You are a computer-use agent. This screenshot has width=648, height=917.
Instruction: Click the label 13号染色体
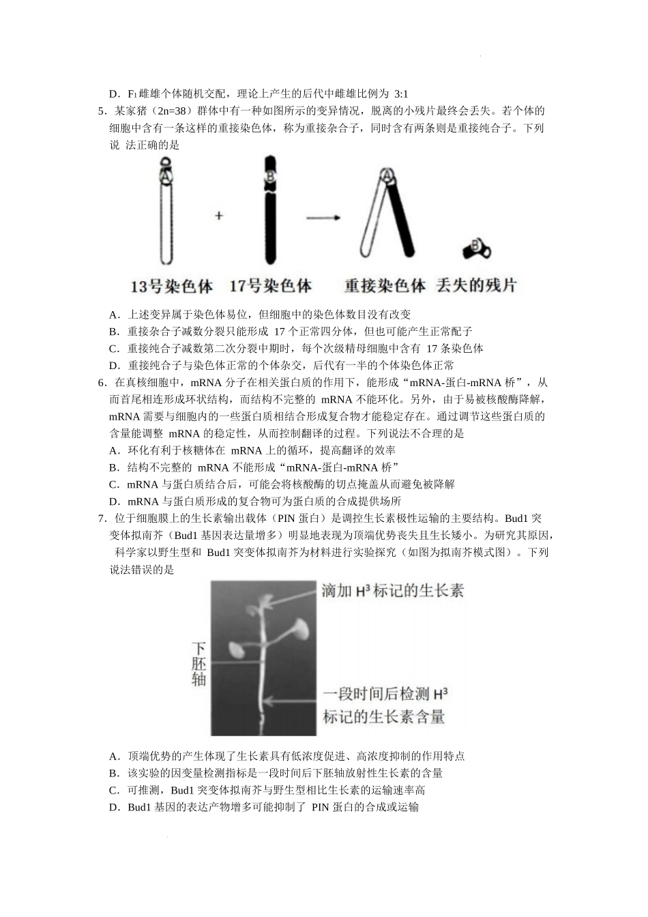click(171, 285)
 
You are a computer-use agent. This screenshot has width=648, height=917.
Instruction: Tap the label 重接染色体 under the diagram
click(385, 285)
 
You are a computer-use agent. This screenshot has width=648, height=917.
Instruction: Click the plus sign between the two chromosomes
click(219, 216)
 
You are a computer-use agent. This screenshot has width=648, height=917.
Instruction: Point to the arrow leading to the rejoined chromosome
click(324, 218)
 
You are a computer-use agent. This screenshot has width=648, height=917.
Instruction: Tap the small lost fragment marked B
click(475, 248)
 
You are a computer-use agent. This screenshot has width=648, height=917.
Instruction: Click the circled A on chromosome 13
click(166, 176)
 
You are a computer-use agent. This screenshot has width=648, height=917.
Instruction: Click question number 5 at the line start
click(102, 111)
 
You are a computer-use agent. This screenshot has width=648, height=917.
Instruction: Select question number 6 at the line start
click(102, 383)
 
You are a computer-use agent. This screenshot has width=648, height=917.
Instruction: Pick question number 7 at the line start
click(102, 519)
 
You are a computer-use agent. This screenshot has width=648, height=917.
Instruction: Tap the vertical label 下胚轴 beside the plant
click(198, 663)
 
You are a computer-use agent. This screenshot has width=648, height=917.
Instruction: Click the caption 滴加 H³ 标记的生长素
click(393, 591)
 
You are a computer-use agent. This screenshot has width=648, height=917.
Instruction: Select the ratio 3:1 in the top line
click(401, 94)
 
